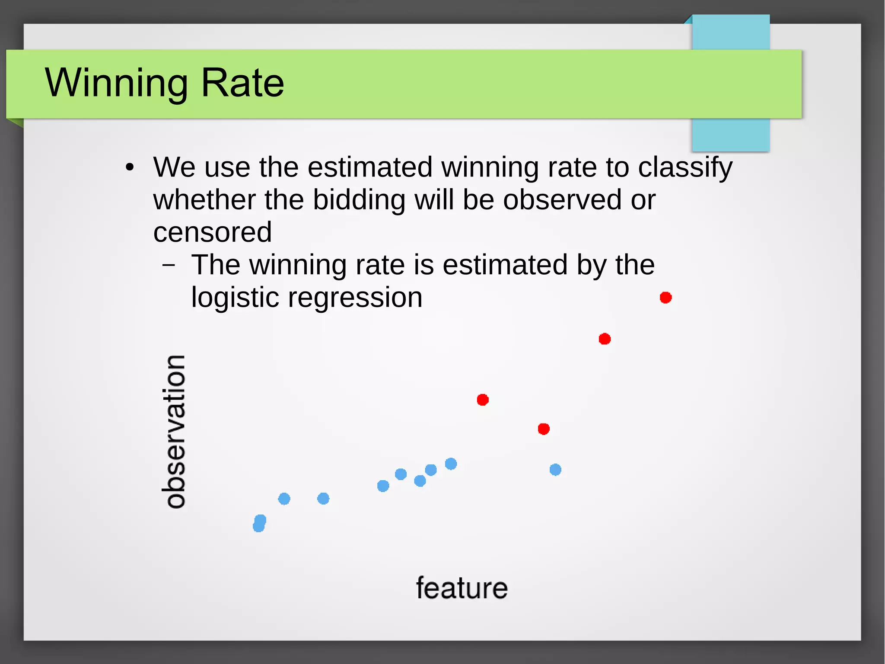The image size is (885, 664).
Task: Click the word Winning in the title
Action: tap(116, 83)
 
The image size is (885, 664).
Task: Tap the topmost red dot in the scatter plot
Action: tap(665, 298)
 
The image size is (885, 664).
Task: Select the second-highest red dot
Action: tap(605, 339)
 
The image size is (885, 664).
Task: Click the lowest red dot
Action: tap(544, 429)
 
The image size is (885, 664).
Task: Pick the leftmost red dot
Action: tap(483, 400)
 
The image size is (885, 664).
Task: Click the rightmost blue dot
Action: tap(555, 469)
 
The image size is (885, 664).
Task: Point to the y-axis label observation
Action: tap(175, 431)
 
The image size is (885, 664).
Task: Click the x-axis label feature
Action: tap(462, 588)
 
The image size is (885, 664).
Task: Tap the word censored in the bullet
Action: tap(212, 232)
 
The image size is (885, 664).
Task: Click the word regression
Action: tap(355, 298)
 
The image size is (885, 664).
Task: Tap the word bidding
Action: tap(359, 200)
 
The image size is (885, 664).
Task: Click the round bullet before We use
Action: tap(129, 167)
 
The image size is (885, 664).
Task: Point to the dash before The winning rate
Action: tap(169, 265)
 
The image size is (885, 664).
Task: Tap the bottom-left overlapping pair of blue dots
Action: tap(259, 523)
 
